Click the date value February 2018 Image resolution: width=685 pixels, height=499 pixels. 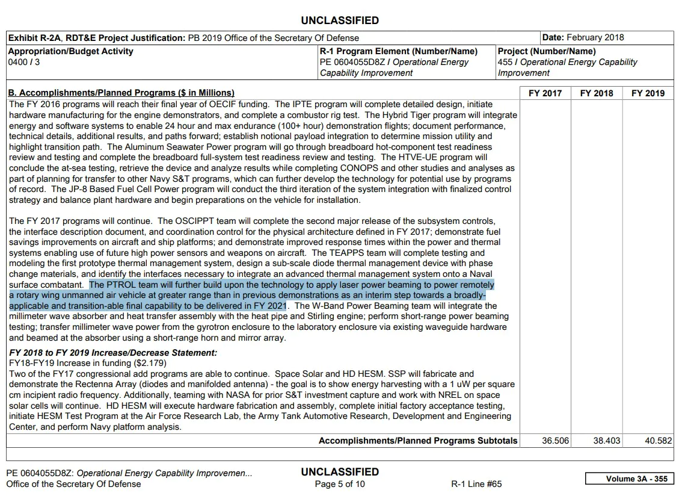point(596,37)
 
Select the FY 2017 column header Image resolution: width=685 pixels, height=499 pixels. point(545,93)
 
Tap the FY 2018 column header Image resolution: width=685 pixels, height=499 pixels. point(597,93)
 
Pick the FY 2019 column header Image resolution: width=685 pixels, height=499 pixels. point(648,93)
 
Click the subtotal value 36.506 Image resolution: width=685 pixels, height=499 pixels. point(555,441)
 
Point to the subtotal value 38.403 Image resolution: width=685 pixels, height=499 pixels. point(606,441)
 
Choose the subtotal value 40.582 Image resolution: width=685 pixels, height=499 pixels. point(658,441)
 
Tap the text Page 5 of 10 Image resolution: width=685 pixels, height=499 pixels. point(340,484)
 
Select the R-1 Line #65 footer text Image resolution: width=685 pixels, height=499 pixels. point(476,484)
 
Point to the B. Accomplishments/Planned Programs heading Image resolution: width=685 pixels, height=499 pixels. point(121,93)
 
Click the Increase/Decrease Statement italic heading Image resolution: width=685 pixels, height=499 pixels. point(113,353)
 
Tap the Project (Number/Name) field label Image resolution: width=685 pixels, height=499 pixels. point(547,51)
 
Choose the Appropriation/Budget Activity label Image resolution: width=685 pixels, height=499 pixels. point(71,51)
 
